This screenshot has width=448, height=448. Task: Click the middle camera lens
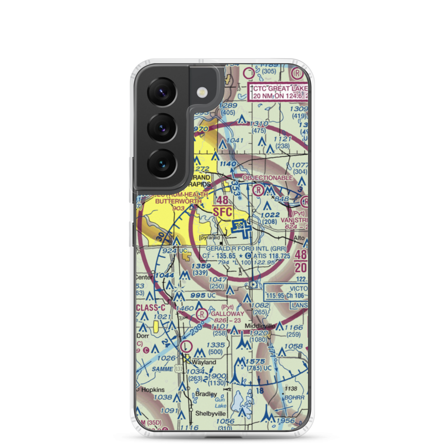click(161, 127)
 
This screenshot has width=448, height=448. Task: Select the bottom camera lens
click(161, 162)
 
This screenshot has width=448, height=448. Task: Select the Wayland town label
click(204, 362)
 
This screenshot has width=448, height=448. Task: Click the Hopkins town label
click(153, 390)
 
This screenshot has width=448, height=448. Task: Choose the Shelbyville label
click(210, 413)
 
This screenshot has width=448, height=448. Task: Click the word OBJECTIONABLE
click(267, 178)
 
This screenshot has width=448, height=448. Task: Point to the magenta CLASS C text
click(151, 308)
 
